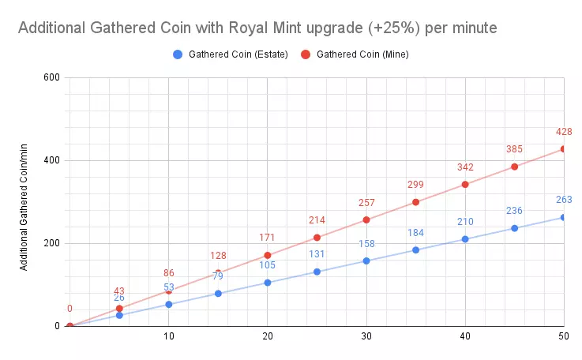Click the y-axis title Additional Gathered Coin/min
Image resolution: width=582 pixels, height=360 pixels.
(24, 202)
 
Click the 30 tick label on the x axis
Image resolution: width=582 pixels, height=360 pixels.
(366, 336)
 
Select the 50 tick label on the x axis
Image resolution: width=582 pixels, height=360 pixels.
(564, 336)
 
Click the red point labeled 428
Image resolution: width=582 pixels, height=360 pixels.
(564, 148)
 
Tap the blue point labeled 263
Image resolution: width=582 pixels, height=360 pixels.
(564, 217)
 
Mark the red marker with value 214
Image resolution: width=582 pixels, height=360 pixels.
(317, 238)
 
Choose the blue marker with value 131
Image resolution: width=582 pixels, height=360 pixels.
(317, 272)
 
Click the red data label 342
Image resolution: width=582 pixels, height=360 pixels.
(465, 167)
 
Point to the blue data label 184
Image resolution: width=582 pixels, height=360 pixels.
(415, 233)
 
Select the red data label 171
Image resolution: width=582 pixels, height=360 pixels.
(267, 238)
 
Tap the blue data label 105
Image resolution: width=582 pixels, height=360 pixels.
(267, 265)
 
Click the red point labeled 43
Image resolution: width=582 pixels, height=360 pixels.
(119, 308)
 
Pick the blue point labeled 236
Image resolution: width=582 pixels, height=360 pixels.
(514, 228)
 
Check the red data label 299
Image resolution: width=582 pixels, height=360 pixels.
(415, 185)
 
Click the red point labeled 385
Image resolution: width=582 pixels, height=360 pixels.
(514, 167)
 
